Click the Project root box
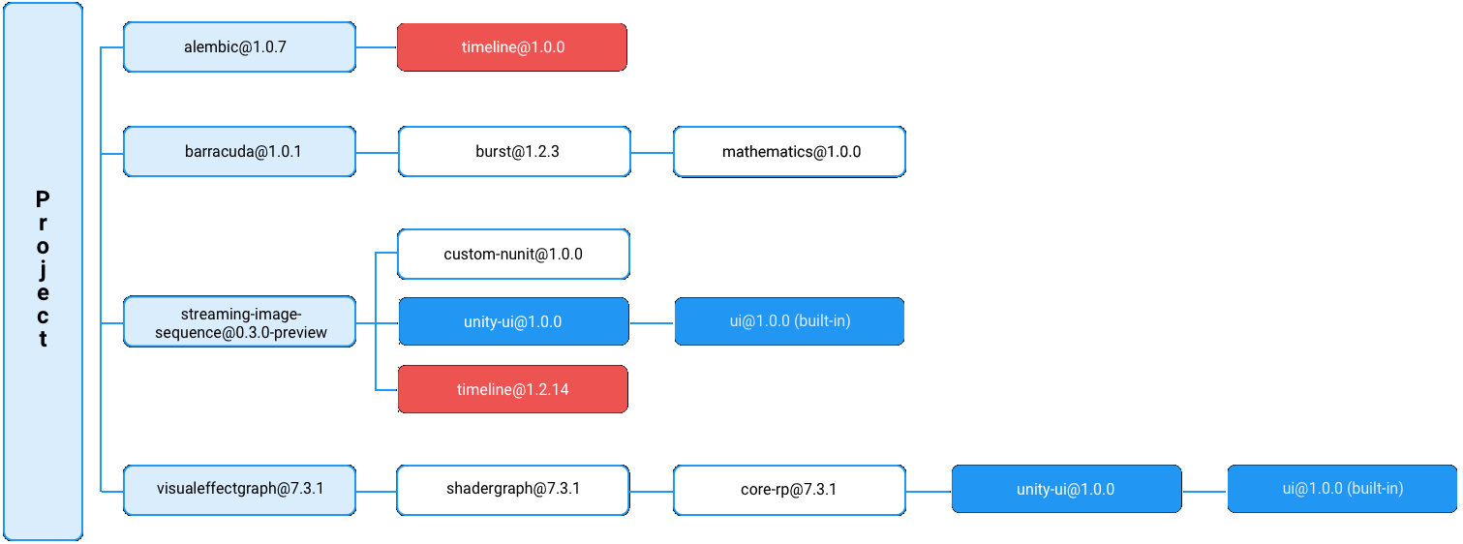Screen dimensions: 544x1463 point(43,270)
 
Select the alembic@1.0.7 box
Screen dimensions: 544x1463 point(239,47)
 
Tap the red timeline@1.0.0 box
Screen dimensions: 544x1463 point(512,47)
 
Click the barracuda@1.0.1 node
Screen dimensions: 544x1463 point(239,151)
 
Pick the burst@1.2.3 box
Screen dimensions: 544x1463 point(514,151)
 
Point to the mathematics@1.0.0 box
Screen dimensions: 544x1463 point(790,151)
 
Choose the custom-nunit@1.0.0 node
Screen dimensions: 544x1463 point(514,255)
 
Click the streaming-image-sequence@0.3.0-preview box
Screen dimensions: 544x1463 point(239,322)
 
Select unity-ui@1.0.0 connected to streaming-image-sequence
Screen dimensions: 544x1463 point(514,321)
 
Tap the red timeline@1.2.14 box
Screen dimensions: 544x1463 point(512,389)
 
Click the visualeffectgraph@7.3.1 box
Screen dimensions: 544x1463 point(239,489)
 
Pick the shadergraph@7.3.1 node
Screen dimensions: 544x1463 point(513,489)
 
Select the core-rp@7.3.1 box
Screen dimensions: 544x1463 point(790,489)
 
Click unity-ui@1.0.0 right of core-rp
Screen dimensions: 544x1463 point(1066,489)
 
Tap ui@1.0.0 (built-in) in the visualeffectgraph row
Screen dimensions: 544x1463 point(1342,489)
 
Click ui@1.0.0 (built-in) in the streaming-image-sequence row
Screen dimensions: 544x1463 point(789,321)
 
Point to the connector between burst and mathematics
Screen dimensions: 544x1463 point(652,152)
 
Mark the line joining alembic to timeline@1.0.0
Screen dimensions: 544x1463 point(377,46)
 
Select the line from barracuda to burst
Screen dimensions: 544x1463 point(377,152)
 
